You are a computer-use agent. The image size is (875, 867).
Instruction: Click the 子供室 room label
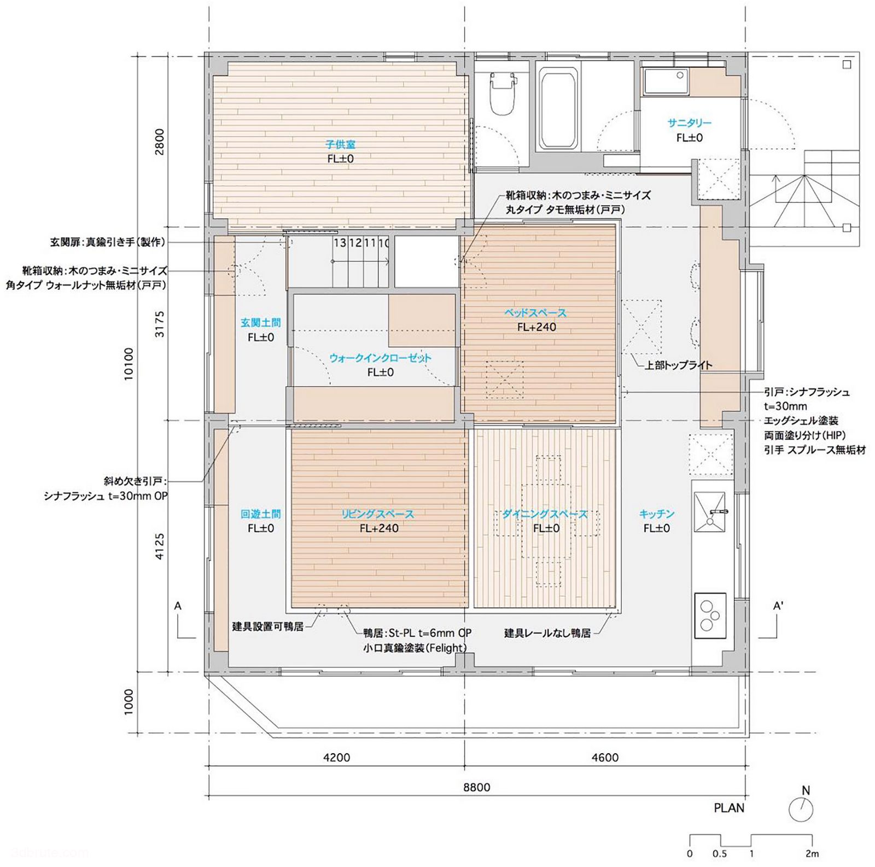(340, 144)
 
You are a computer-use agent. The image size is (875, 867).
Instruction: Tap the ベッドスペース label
(535, 313)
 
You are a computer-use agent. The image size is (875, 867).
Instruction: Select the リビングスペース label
(378, 514)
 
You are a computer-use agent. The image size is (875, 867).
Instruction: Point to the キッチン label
(657, 514)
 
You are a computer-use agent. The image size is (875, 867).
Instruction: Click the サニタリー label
(689, 123)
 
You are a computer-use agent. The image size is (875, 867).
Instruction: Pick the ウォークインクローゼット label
(381, 358)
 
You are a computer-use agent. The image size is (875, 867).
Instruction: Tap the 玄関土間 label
(261, 323)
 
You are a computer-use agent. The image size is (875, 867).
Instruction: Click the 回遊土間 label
(261, 514)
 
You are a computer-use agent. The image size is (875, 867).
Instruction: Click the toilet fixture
(501, 94)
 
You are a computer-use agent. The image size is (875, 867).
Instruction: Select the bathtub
(558, 108)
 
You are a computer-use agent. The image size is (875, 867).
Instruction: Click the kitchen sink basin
(710, 512)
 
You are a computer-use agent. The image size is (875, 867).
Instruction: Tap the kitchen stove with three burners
(710, 615)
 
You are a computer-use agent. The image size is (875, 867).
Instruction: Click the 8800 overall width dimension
(476, 787)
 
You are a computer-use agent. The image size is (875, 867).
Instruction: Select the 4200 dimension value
(337, 758)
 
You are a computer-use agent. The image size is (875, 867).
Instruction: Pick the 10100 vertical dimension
(129, 364)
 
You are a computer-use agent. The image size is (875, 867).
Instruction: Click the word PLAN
(729, 808)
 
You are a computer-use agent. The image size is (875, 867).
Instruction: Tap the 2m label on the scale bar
(812, 853)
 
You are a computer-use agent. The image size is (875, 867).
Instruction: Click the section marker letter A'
(778, 606)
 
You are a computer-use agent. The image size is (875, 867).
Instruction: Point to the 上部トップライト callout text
(678, 365)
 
